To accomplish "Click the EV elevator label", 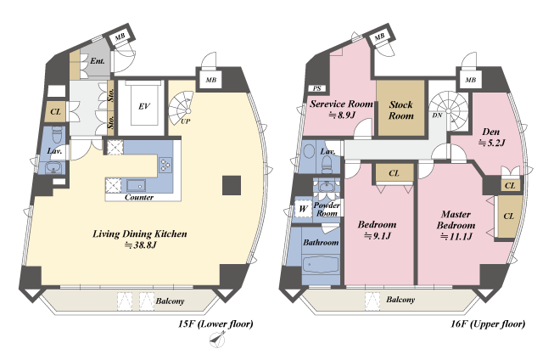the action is [143, 106].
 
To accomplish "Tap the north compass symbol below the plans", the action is [218, 340].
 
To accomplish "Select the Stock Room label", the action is [401, 110].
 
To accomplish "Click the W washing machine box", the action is [303, 209].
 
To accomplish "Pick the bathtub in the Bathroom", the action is [321, 265].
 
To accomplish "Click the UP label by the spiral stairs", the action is [186, 121].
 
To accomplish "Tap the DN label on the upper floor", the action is [437, 115].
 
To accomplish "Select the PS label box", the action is [317, 88].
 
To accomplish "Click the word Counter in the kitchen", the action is [139, 197].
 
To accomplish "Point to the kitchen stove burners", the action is [165, 165].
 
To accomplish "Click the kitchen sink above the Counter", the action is [137, 186].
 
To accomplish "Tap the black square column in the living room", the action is [232, 186].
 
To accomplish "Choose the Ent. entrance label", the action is [98, 61].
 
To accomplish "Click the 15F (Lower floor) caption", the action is [215, 323].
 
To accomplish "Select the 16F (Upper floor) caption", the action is [488, 323].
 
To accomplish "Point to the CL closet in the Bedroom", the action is [394, 173].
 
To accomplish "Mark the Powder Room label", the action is [327, 209].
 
